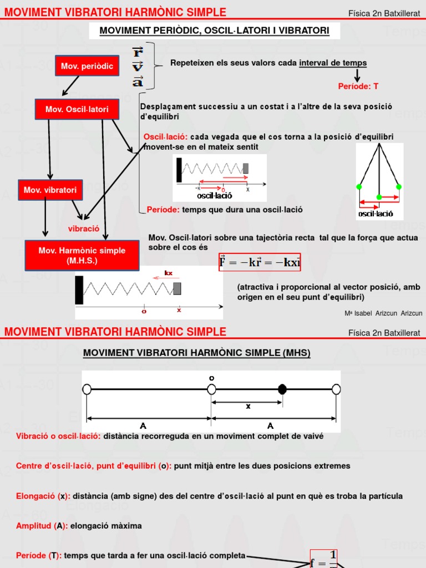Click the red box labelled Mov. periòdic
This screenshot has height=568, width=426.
(87, 66)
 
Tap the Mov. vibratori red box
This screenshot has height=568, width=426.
(50, 190)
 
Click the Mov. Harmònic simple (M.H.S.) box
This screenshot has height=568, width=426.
(82, 256)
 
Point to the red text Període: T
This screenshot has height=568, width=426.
(358, 87)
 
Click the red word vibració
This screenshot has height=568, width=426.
(83, 228)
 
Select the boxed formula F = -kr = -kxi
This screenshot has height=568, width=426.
(260, 262)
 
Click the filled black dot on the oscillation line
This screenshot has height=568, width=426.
(282, 389)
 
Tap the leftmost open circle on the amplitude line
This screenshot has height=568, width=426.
(87, 389)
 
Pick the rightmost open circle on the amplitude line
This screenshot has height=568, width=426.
(336, 389)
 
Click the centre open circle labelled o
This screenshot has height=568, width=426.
(211, 389)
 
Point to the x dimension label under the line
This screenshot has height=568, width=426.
(248, 406)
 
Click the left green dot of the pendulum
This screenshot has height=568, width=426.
(359, 186)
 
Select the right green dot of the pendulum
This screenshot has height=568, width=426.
(398, 186)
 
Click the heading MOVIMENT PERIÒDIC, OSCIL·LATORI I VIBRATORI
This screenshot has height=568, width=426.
(214, 31)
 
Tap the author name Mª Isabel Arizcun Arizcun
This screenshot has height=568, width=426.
(383, 313)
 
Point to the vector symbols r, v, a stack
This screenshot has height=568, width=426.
(138, 67)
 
